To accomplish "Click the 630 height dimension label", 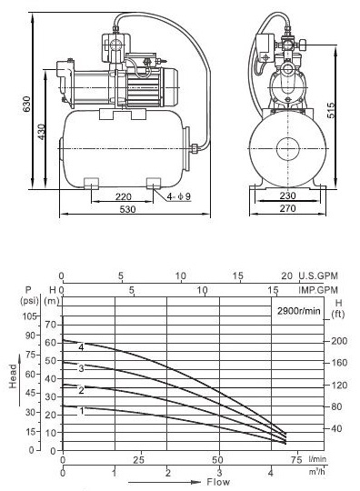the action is [x=27, y=104].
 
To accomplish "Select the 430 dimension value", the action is [x=41, y=132].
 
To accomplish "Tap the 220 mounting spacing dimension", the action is [x=123, y=196].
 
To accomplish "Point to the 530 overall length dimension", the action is [x=127, y=209].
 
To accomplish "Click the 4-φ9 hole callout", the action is [x=178, y=196].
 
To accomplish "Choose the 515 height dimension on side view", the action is [x=331, y=110].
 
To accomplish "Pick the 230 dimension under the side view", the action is [x=287, y=195].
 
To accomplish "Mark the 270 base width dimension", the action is [x=287, y=208].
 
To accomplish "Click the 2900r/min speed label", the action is [x=299, y=311].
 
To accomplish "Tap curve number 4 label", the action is [x=82, y=347].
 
